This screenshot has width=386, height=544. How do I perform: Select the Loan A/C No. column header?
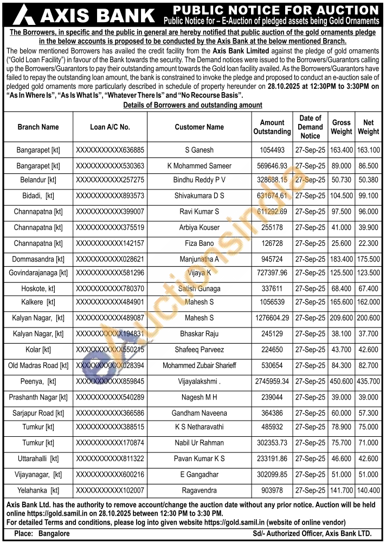pos(110,127)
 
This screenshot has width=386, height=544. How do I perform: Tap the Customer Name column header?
pos(199,127)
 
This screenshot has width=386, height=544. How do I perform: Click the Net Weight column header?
pos(368,127)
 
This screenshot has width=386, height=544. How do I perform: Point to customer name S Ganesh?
pos(199,150)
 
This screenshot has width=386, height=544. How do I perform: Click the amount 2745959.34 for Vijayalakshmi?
pos(272,382)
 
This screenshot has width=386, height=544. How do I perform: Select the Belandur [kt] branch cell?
pos(38,180)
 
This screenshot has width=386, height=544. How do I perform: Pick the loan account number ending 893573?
pos(110,195)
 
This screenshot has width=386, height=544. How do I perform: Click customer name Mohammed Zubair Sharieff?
pos(199,366)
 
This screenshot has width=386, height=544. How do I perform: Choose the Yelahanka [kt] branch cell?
pos(38,490)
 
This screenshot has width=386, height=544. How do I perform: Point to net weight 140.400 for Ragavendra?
pos(368,490)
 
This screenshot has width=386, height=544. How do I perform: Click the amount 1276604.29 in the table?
pos(272,318)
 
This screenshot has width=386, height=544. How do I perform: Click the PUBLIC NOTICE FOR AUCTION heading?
pos(276,10)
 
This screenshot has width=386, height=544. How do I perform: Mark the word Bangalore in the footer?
pos(53,534)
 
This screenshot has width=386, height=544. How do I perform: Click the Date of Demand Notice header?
pos(310,127)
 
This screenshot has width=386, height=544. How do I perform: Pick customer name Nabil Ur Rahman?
pos(199,443)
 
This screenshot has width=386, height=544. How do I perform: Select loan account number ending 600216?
pos(110,475)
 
